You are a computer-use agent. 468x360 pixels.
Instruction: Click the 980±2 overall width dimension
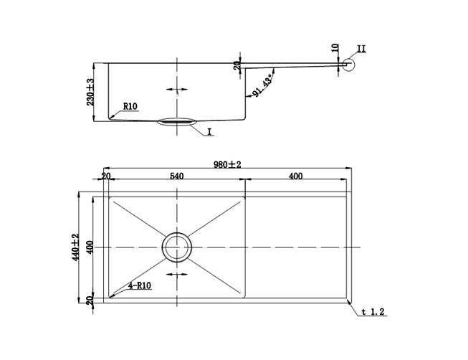coord(227,165)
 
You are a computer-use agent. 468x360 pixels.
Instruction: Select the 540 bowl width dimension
coord(177,176)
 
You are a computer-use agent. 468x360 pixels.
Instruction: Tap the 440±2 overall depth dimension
coord(75,247)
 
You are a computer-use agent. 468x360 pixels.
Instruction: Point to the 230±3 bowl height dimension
coord(90,92)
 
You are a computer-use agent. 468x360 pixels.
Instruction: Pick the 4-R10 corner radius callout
coord(140,285)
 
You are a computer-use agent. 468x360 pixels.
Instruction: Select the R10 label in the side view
coord(130,106)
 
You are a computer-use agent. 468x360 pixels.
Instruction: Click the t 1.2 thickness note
coord(373,312)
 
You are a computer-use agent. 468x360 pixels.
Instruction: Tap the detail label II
coord(361,49)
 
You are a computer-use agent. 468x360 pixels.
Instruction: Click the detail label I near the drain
coord(209,132)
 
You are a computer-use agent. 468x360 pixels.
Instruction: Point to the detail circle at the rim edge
coord(348,65)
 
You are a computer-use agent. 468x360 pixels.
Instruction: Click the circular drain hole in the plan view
coord(177,247)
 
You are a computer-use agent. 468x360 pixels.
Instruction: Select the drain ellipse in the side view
coord(177,122)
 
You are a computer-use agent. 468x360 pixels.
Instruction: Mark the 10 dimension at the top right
coord(335,48)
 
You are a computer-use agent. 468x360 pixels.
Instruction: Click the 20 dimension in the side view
coord(237,65)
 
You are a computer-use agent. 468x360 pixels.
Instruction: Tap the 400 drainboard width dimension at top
coord(295,176)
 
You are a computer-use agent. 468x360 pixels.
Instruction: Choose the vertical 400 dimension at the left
coord(90,247)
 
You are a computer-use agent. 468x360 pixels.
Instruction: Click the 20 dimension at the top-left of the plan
coord(106,176)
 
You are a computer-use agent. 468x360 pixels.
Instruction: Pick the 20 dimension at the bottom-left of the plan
coord(90,300)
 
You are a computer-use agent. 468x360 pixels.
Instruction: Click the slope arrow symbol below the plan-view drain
coord(177,274)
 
